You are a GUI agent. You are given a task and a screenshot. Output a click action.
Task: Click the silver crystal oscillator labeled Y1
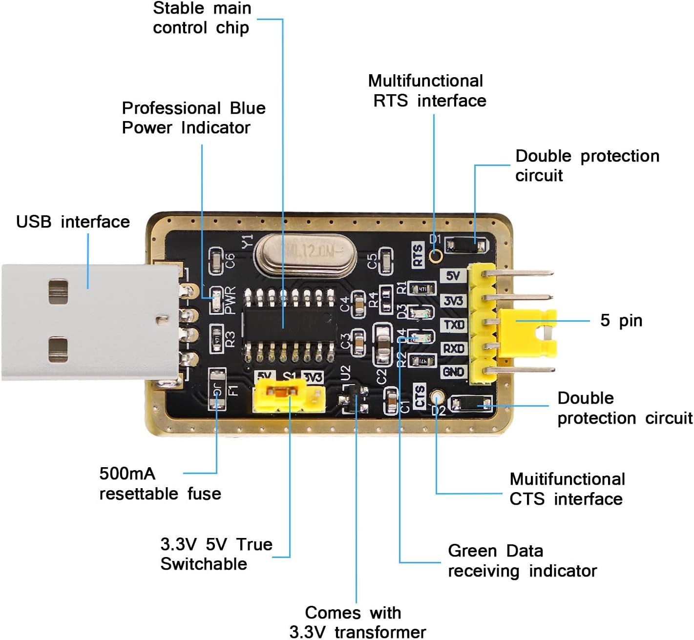305,253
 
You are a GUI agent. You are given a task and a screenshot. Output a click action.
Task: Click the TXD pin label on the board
454,325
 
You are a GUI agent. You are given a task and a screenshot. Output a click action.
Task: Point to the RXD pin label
454,349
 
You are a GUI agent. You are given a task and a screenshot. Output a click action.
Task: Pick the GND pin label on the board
454,372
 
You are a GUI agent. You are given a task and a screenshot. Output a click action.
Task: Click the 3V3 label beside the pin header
454,301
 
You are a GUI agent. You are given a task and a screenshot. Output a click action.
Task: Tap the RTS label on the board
418,255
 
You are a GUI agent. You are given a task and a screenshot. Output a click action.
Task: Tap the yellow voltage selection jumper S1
279,394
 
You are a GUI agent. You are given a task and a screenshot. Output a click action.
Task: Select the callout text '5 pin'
621,321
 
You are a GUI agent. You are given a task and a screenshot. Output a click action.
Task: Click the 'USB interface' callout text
73,222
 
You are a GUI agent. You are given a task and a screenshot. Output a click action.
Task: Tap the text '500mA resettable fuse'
160,484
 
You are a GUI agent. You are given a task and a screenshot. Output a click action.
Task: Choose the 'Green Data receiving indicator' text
522,561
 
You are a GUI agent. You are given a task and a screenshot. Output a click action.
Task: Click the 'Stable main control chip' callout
201,18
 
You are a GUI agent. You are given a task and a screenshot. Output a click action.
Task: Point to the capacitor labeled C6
215,261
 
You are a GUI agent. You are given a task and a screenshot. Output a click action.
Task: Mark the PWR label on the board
230,300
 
